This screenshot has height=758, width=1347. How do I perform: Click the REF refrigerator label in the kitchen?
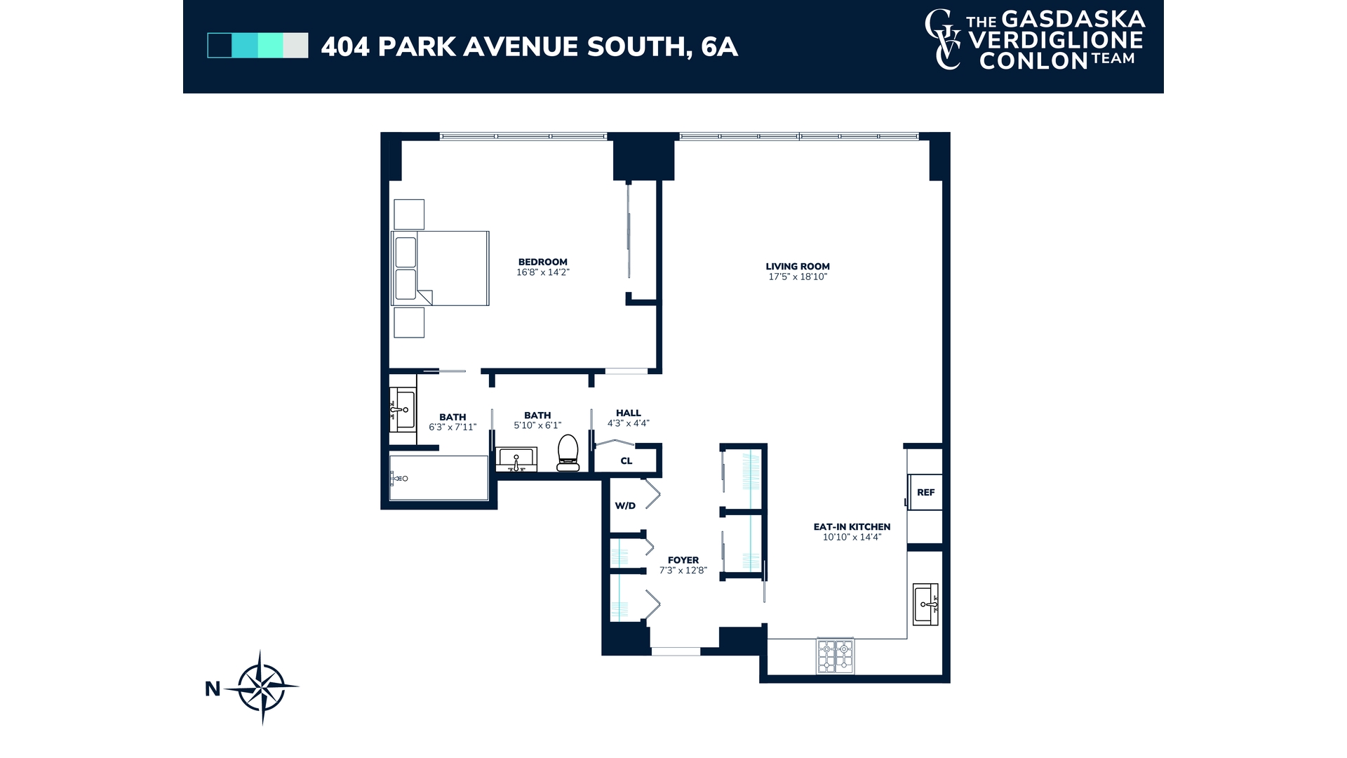tap(925, 493)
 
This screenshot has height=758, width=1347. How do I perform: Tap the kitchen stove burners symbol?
tap(835, 656)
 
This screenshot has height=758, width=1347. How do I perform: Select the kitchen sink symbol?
tap(925, 604)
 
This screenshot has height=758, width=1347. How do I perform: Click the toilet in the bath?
tap(568, 453)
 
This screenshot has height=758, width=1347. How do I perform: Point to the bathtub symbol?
tap(438, 478)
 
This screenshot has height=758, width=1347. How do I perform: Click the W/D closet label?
tap(625, 506)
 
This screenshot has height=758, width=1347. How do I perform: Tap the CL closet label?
tap(626, 461)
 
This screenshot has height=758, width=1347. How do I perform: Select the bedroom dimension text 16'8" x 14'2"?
tap(543, 272)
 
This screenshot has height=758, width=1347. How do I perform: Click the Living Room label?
tap(798, 267)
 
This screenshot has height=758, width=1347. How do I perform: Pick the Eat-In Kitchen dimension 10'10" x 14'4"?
tap(852, 538)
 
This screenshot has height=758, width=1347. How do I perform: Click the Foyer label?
tap(683, 560)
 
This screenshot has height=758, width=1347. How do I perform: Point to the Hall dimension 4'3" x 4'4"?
tap(629, 423)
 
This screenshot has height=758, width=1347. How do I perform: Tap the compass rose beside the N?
tap(262, 687)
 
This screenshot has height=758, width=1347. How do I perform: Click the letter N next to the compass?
tap(213, 689)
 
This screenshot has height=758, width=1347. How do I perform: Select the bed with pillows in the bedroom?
tap(440, 268)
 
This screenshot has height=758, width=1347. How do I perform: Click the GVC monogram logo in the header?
tap(943, 40)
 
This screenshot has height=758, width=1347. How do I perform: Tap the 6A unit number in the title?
tap(719, 47)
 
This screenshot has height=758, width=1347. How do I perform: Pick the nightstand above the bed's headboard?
tap(409, 214)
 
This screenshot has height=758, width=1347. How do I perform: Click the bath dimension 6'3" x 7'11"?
tap(453, 427)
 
